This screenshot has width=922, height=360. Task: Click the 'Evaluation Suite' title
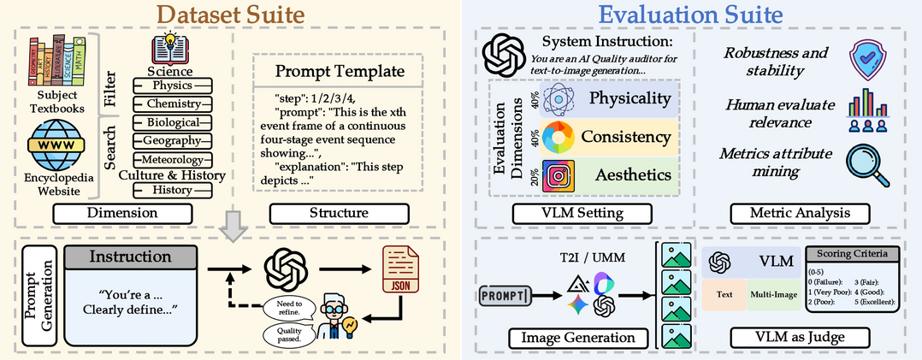pyautogui.click(x=691, y=16)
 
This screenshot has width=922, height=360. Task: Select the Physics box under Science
pyautogui.click(x=172, y=86)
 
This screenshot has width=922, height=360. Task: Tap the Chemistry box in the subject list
pyautogui.click(x=172, y=104)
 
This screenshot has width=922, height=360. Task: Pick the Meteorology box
pyautogui.click(x=172, y=160)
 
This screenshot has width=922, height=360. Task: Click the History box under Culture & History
pyautogui.click(x=172, y=190)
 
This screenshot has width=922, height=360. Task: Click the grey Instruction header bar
pyautogui.click(x=124, y=257)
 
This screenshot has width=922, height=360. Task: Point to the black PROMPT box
pyautogui.click(x=505, y=296)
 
